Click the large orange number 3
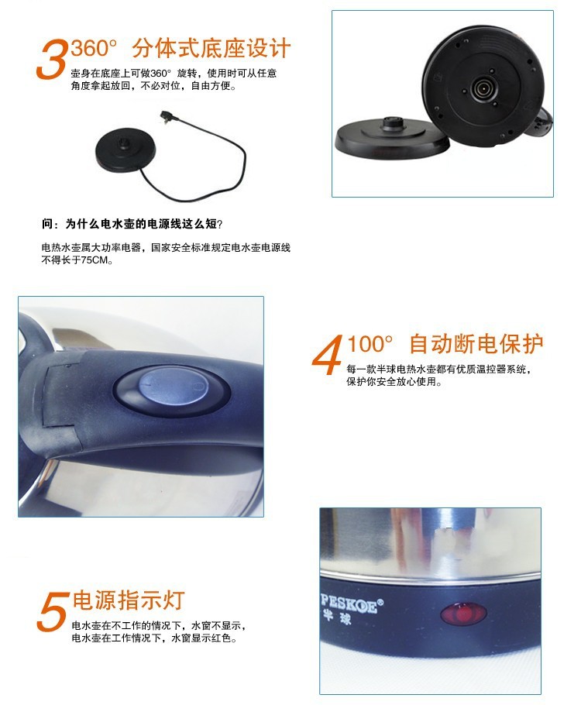pyautogui.click(x=52, y=59)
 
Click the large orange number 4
pyautogui.click(x=328, y=355)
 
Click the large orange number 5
pyautogui.click(x=53, y=611)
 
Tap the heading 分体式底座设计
pyautogui.click(x=211, y=49)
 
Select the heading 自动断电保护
pyautogui.click(x=476, y=344)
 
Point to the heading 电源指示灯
pyautogui.click(x=129, y=600)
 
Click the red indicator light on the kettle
pyautogui.click(x=463, y=614)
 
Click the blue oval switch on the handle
pyautogui.click(x=173, y=387)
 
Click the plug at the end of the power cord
pyautogui.click(x=167, y=117)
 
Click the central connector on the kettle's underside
pyautogui.click(x=483, y=87)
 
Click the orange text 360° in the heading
pyautogui.click(x=94, y=48)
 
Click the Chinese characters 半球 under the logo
pyautogui.click(x=337, y=618)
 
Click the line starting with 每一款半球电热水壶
pyautogui.click(x=438, y=370)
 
